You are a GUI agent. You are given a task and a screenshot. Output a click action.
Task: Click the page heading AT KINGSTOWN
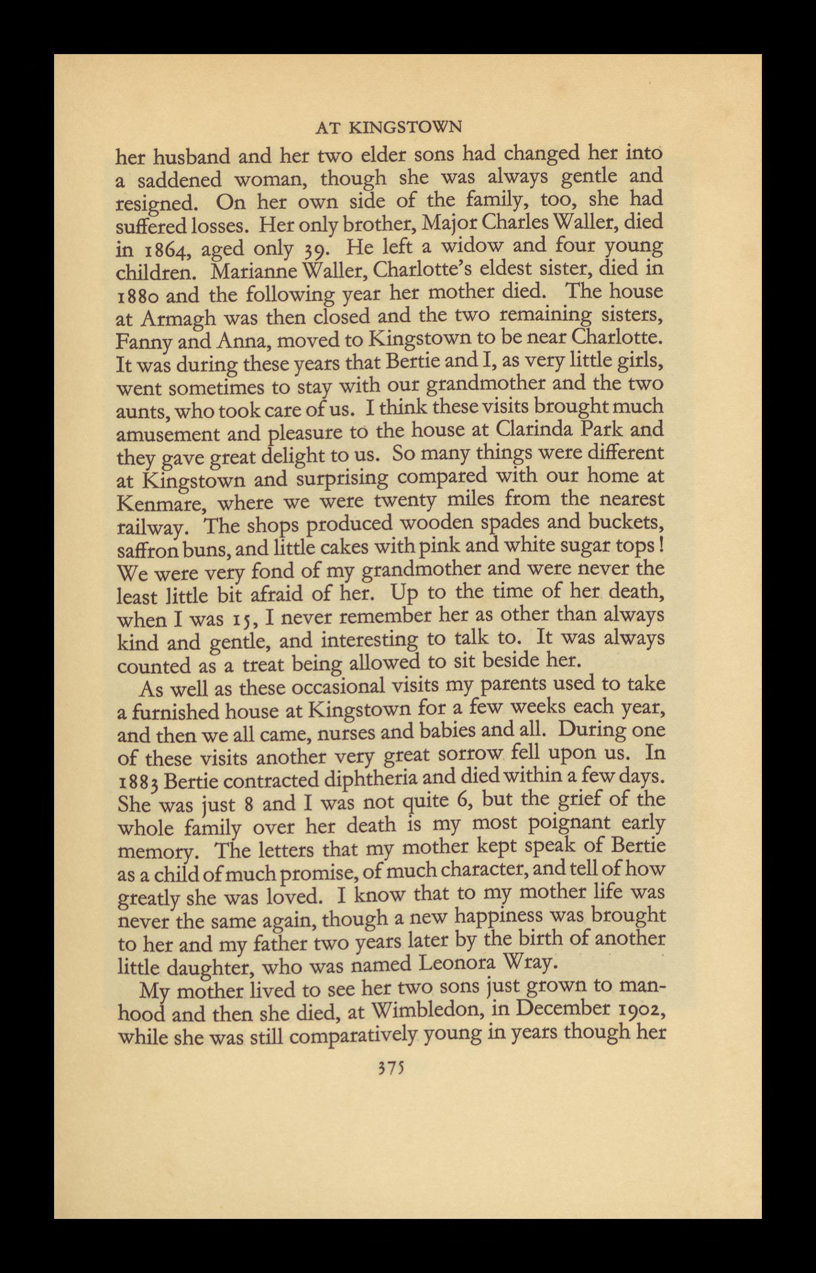[x=388, y=128]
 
